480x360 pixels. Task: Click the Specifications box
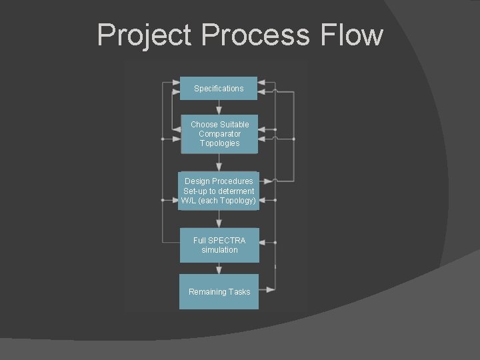[219, 89]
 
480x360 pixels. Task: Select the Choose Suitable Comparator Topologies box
[219, 134]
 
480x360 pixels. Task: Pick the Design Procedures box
[219, 191]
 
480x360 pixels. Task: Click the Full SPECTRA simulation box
[219, 245]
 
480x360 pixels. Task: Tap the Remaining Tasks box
[219, 292]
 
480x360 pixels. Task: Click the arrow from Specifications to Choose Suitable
[219, 107]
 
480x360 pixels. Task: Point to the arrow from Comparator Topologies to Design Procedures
[219, 163]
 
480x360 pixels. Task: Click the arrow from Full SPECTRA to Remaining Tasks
[219, 269]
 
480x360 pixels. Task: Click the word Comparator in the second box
[219, 134]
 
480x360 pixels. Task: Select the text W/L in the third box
[187, 201]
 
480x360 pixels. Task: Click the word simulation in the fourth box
[219, 250]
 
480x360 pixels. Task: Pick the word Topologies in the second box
[219, 143]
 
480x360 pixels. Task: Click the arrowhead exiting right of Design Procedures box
[268, 180]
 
